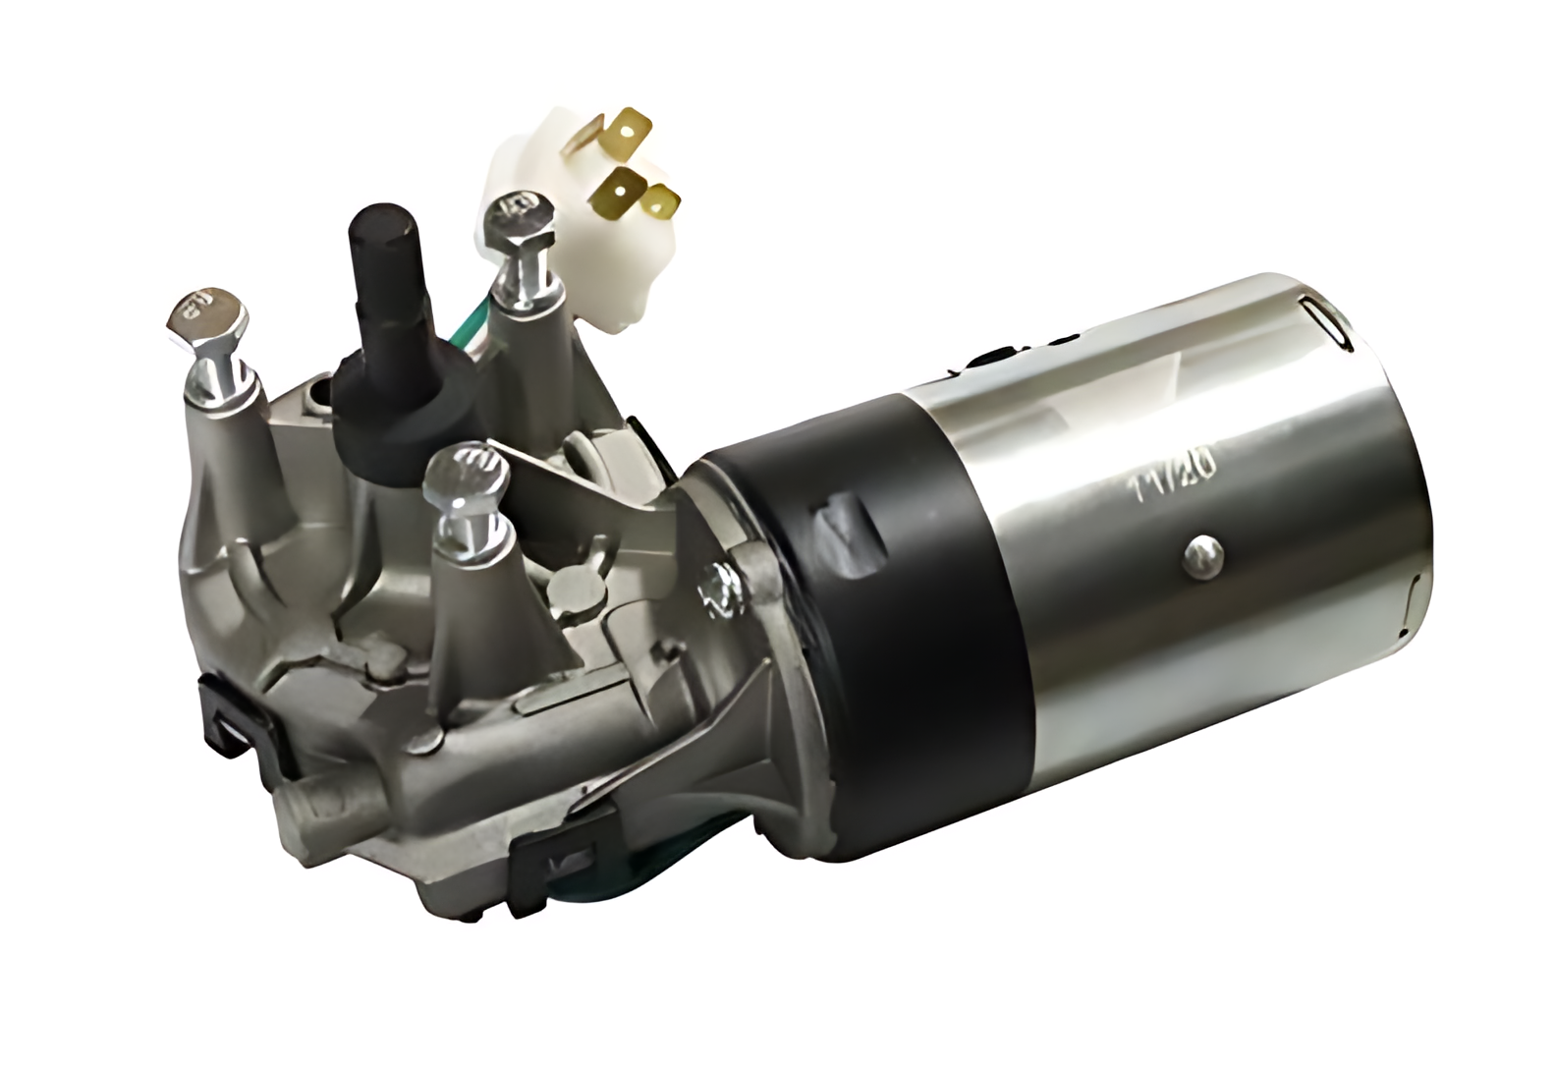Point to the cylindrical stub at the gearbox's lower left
[314, 802]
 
